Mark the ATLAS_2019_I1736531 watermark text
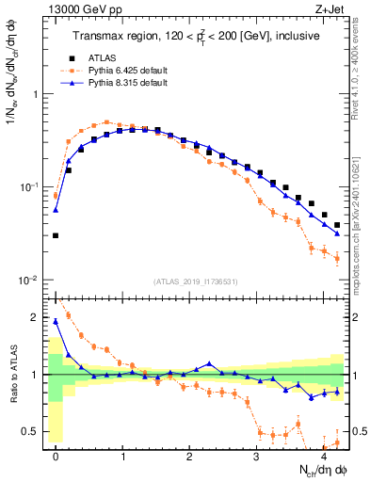point(195,281)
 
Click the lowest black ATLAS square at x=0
point(56,236)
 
